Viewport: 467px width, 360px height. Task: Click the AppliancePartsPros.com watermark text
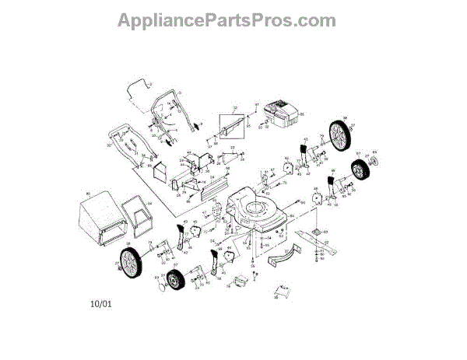(x=226, y=21)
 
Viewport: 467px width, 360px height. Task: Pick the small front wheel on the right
(x=361, y=170)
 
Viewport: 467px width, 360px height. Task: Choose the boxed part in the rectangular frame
(x=231, y=124)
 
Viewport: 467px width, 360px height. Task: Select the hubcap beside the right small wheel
(x=374, y=162)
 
